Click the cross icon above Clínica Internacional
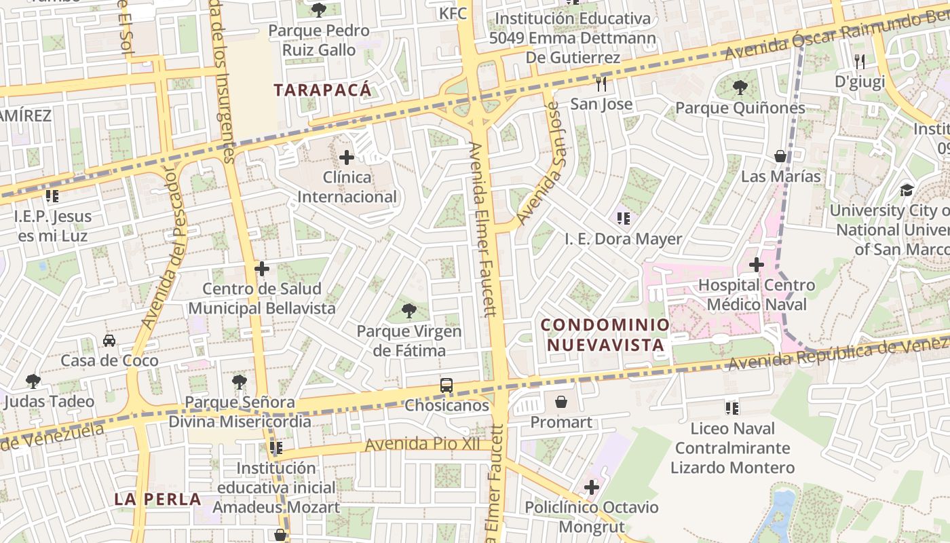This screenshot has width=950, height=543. point(347,158)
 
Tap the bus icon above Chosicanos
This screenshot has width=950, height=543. point(446,386)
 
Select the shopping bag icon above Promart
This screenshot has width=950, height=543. point(561,402)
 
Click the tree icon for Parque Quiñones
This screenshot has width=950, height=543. point(740,88)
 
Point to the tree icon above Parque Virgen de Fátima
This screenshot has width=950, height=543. point(408,311)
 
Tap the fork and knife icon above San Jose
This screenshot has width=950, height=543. point(601,84)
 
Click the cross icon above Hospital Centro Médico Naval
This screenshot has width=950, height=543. point(757,265)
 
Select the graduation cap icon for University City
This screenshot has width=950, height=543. point(907,190)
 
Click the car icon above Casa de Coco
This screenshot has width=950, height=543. point(109,340)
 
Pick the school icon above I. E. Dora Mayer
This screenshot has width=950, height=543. point(624,219)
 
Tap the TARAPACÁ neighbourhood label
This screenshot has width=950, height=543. point(323,90)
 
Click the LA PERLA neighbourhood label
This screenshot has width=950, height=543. point(157,500)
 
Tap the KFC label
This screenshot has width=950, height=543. point(453,14)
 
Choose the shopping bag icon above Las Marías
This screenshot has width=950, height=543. point(780,156)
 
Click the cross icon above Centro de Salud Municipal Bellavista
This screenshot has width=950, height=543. point(262,269)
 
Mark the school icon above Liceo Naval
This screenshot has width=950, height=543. point(731,409)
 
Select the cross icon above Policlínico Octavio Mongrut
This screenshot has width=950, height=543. point(592,487)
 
